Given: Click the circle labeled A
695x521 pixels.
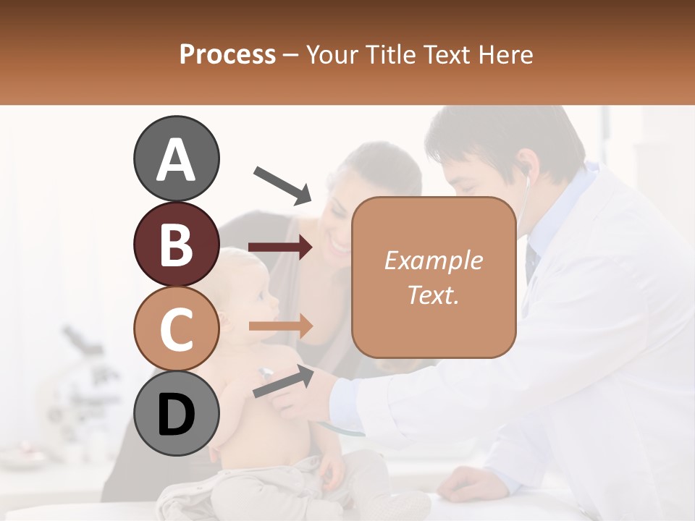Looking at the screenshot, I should click(176, 158).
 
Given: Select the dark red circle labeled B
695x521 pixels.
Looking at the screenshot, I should click(176, 244).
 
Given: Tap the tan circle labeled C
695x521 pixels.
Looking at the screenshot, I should click(176, 329).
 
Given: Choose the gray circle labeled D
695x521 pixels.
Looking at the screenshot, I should click(176, 414).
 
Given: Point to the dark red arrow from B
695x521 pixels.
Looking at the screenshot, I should click(281, 247).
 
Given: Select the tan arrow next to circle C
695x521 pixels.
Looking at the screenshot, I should click(281, 326).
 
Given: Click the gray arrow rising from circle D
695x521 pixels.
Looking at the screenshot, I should click(283, 381).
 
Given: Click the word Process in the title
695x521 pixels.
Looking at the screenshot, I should click(227, 55).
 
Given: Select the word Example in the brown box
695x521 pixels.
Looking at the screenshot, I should click(433, 260).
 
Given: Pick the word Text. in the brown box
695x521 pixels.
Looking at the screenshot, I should click(433, 295).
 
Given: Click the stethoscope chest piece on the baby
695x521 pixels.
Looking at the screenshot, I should click(265, 373).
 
